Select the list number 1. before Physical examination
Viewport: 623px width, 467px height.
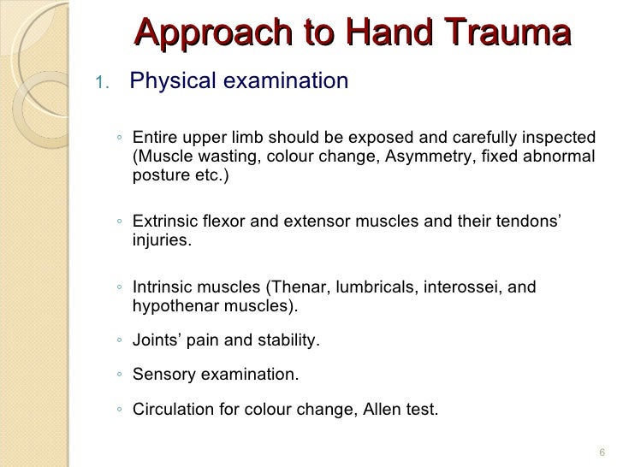[x=102, y=83]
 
